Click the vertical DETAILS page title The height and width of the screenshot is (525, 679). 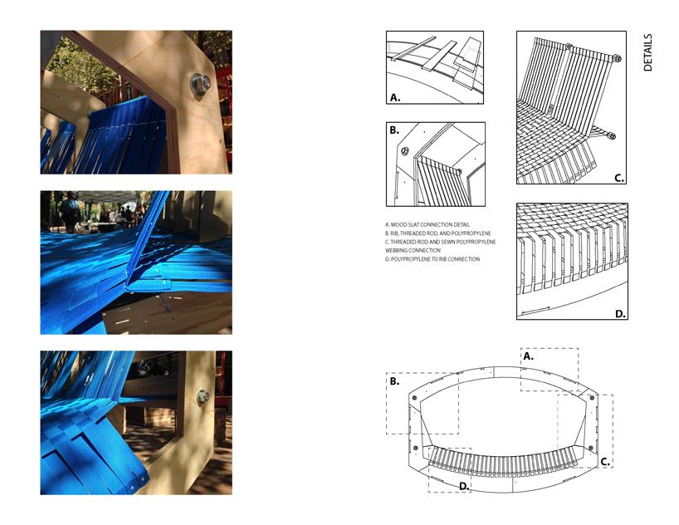click(x=647, y=52)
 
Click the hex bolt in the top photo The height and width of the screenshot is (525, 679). click(x=199, y=84)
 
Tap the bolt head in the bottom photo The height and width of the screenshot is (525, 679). click(x=203, y=396)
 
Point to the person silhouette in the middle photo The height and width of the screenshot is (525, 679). click(x=69, y=210)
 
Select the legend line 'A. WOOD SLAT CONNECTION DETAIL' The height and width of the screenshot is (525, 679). click(x=427, y=224)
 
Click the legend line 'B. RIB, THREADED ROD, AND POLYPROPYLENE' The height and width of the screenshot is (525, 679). click(x=437, y=233)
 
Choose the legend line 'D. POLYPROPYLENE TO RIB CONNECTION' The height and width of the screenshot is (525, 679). click(x=432, y=259)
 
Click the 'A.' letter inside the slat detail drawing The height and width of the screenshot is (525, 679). click(x=395, y=97)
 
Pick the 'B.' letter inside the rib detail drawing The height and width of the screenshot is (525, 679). click(x=394, y=130)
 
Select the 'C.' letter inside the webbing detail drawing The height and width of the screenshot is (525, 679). click(x=619, y=178)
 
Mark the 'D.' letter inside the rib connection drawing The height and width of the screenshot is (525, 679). click(x=621, y=314)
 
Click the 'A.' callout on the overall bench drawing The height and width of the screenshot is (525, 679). click(x=528, y=356)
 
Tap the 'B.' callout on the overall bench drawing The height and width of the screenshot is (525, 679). click(x=394, y=381)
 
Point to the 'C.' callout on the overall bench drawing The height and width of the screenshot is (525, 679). click(x=605, y=462)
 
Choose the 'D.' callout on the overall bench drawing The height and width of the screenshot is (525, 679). click(x=464, y=487)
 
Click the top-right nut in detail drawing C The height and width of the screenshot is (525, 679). click(x=618, y=58)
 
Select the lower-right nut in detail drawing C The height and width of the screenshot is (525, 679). click(x=611, y=136)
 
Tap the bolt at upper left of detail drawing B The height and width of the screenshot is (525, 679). click(x=405, y=151)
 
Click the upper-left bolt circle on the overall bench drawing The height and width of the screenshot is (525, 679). click(x=414, y=398)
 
